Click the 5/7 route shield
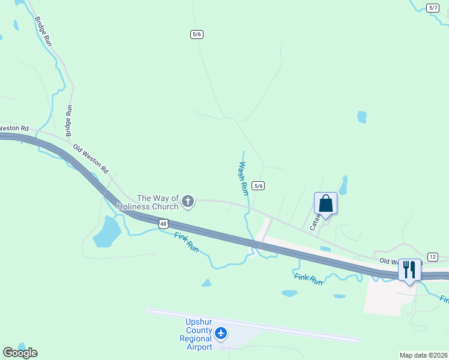coord(433,7)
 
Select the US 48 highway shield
coord(163,223)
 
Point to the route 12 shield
coord(433,257)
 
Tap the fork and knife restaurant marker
coord(409,269)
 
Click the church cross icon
coord(188,202)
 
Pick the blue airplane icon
coord(221,332)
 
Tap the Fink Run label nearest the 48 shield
coord(186,241)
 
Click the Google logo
coord(20,353)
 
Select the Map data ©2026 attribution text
coord(424,355)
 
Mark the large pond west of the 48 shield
coord(107,232)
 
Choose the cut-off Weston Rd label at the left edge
coord(13,128)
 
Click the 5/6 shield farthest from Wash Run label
coord(196,34)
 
